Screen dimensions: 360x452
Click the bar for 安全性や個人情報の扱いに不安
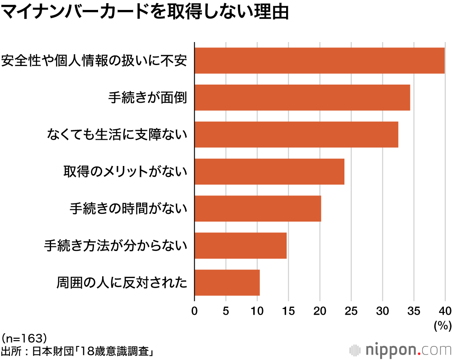[x=320, y=60]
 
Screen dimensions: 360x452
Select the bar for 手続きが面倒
[x=302, y=97]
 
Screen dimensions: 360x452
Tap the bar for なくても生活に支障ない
[x=297, y=134]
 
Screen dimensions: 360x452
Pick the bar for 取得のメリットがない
[x=269, y=171]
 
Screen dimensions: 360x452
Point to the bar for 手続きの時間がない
[x=258, y=208]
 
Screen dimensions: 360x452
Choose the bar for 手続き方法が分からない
[x=240, y=246]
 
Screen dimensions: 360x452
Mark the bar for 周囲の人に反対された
[x=227, y=283]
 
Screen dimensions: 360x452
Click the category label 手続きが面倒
[x=147, y=97]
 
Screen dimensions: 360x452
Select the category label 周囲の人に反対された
[x=122, y=283]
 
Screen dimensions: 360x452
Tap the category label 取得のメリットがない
[x=125, y=171]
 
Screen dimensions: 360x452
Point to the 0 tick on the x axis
[x=194, y=311]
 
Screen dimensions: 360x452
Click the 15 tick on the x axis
[x=288, y=311]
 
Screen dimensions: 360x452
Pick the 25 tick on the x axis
[x=351, y=311]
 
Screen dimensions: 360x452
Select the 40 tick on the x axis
[x=445, y=311]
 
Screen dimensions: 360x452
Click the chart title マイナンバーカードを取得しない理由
[x=145, y=12]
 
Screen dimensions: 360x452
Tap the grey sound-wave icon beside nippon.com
[x=355, y=350]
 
